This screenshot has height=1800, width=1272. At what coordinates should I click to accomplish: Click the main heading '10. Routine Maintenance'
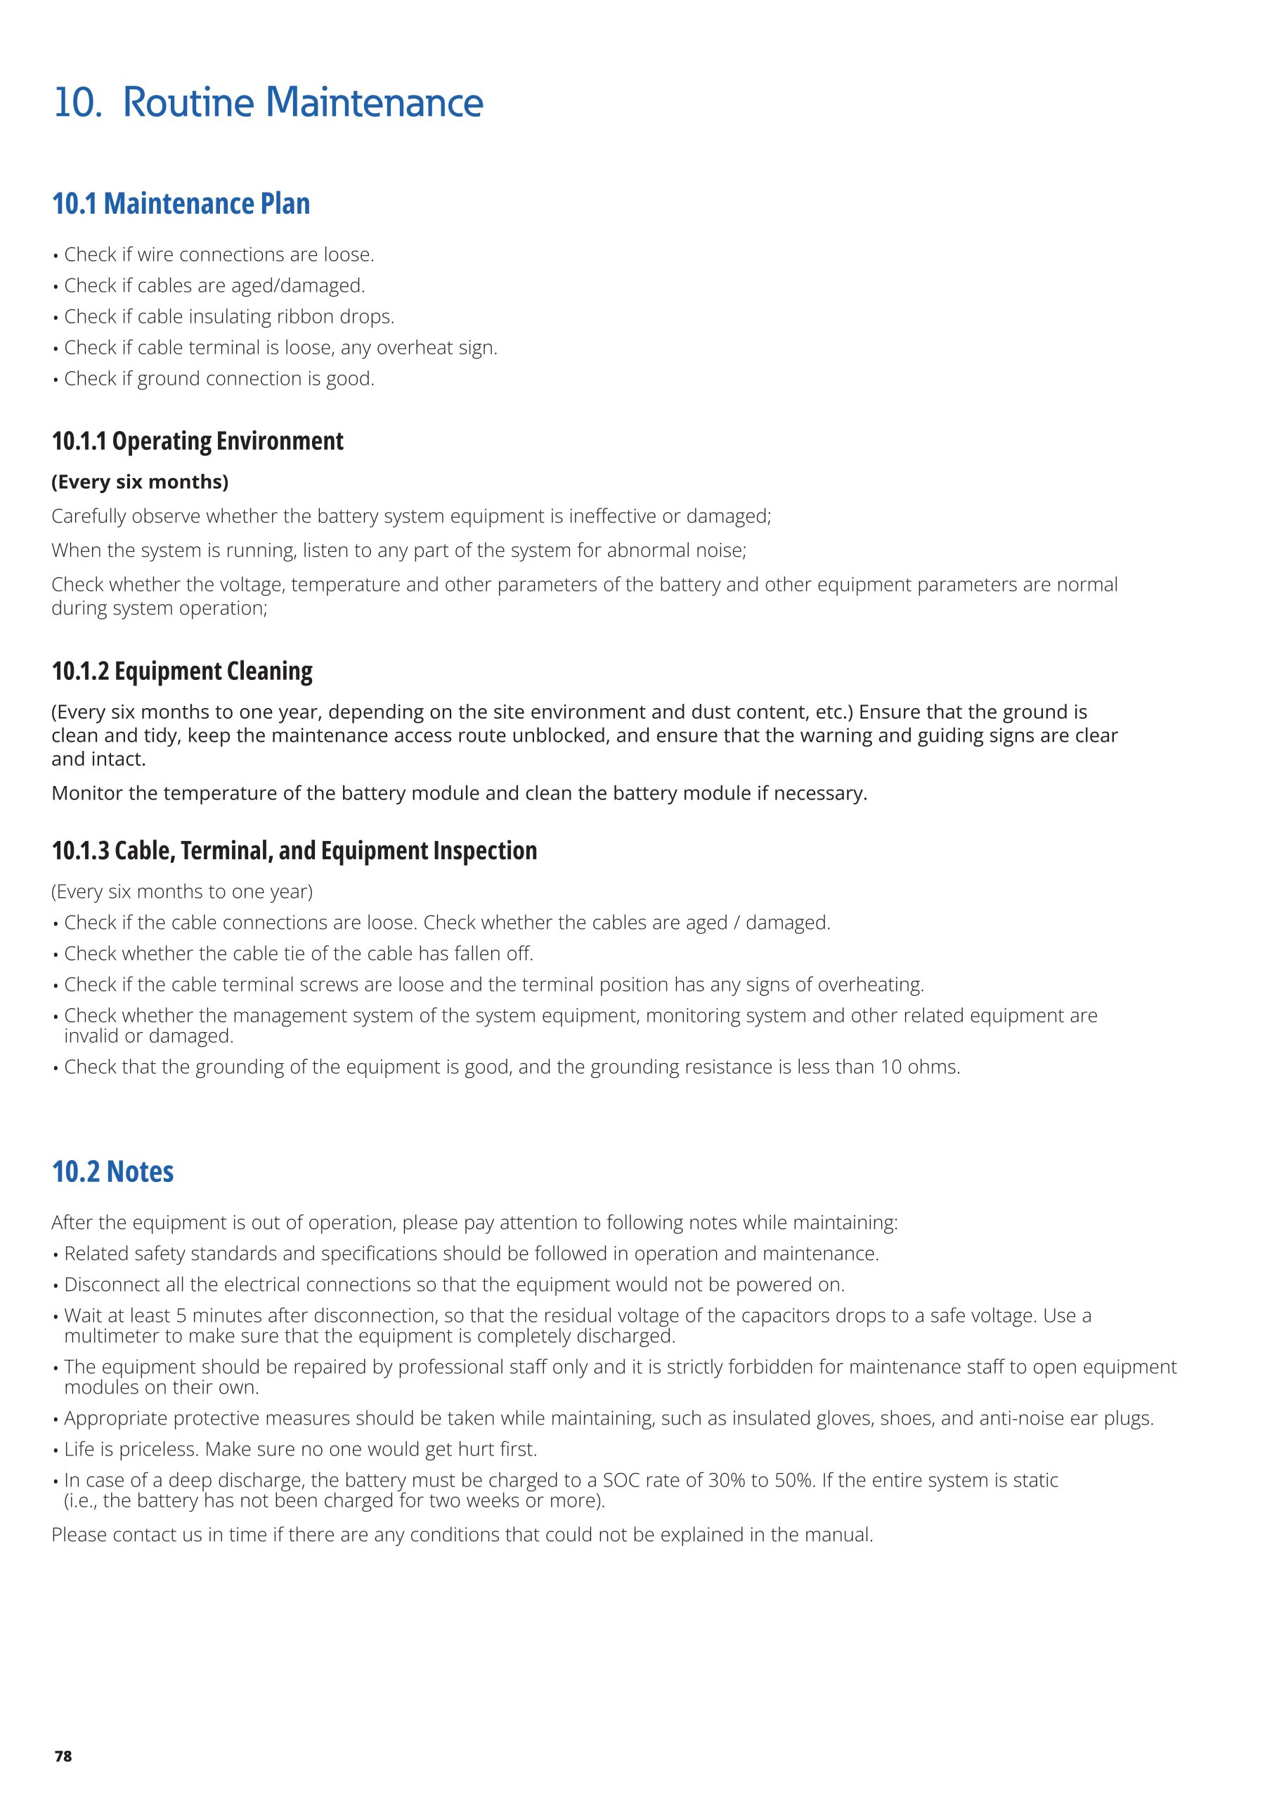pyautogui.click(x=268, y=103)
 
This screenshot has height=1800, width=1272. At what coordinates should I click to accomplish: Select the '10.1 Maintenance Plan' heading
pyautogui.click(x=181, y=204)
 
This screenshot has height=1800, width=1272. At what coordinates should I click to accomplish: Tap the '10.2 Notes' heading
pyautogui.click(x=113, y=1171)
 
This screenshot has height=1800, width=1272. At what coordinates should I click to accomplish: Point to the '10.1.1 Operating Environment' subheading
pyautogui.click(x=197, y=442)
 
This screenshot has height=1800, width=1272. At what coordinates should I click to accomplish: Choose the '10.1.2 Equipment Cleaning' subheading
pyautogui.click(x=182, y=671)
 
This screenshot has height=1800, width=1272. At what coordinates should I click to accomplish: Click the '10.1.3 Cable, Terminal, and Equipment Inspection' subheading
pyautogui.click(x=294, y=851)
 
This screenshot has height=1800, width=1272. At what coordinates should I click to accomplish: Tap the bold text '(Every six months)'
pyautogui.click(x=141, y=482)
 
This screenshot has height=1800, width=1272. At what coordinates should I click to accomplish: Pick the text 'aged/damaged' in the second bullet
pyautogui.click(x=297, y=285)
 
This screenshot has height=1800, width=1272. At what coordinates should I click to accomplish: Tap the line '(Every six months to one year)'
pyautogui.click(x=182, y=892)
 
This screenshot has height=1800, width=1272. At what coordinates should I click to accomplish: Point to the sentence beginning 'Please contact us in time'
pyautogui.click(x=462, y=1534)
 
